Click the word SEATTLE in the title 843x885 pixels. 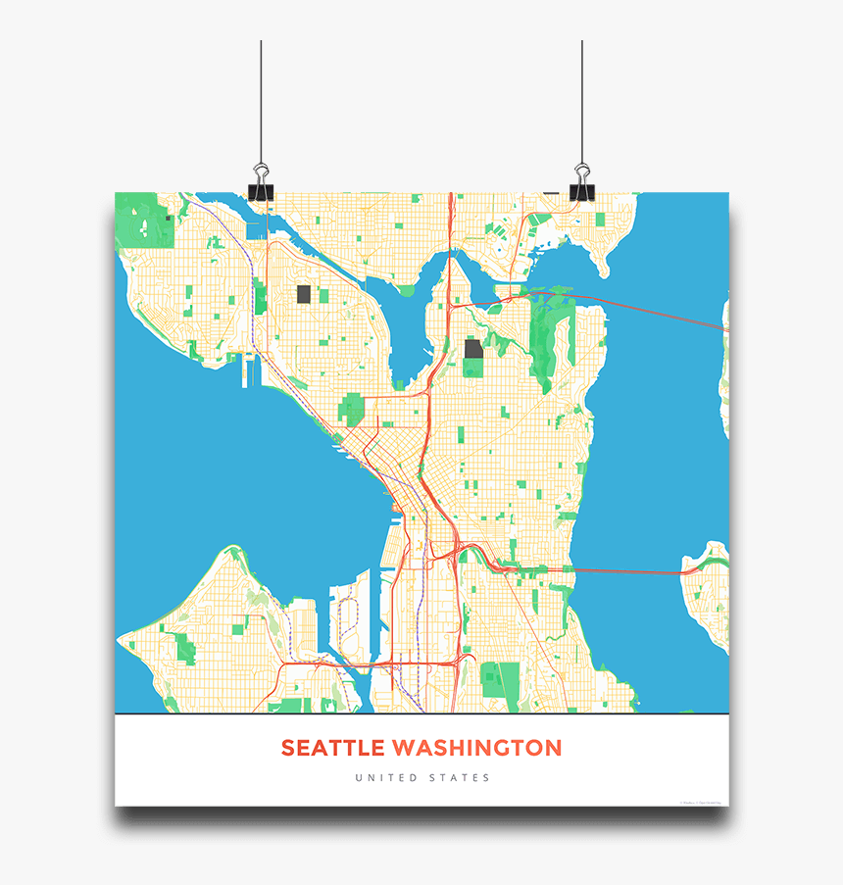click(x=333, y=748)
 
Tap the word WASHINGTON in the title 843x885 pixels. click(x=477, y=748)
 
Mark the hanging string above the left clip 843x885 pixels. click(x=261, y=98)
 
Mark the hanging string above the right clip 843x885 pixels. click(x=582, y=98)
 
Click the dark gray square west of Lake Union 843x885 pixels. click(x=304, y=294)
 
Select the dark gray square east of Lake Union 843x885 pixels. click(x=473, y=349)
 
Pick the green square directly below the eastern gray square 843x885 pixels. click(x=473, y=369)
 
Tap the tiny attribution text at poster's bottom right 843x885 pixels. click(x=701, y=803)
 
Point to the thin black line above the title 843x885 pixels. click(x=421, y=714)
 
